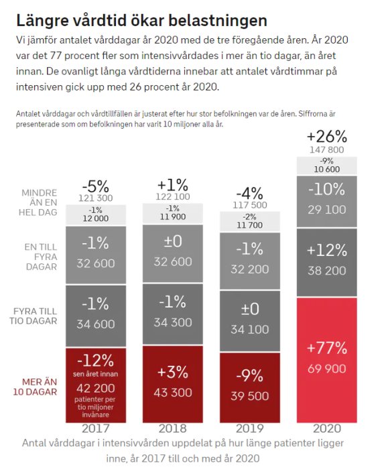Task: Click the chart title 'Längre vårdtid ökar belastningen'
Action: coord(141,19)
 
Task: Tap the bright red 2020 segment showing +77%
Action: coord(327,359)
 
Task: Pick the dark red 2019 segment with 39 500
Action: coord(250,385)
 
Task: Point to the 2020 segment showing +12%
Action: coord(327,260)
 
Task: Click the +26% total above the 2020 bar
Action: coord(326,135)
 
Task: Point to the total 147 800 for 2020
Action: coord(326,150)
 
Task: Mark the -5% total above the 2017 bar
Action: coord(95,186)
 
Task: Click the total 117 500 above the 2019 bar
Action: coord(250,205)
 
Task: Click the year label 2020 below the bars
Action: coord(327,429)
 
